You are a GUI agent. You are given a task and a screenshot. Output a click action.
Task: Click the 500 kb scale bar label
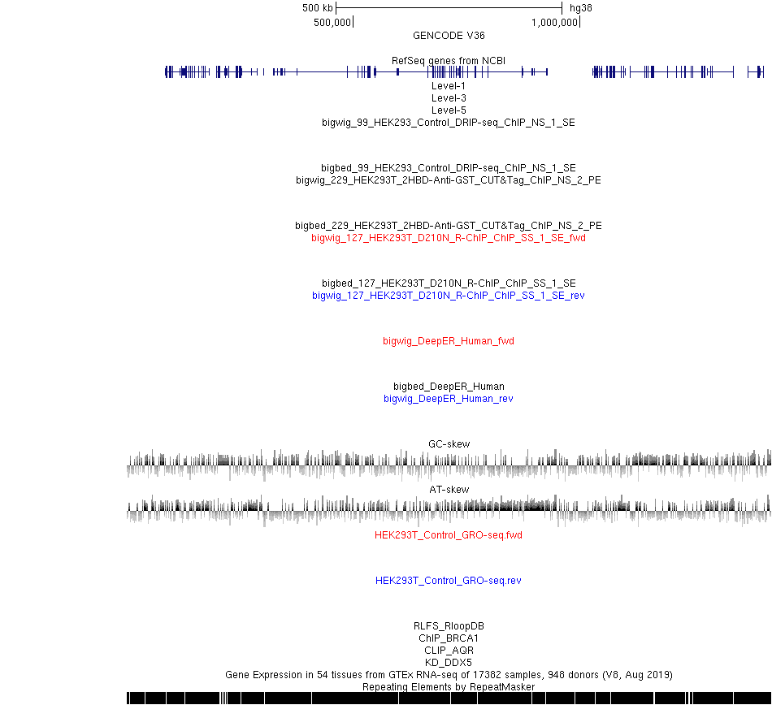coord(318,8)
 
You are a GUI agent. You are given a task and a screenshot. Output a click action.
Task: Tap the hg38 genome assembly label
coord(580,8)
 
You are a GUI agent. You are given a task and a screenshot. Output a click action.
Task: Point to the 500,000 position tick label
coord(332,23)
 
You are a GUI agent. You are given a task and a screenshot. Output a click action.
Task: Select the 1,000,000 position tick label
coord(554,23)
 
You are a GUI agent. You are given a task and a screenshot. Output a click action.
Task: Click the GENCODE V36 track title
coord(449,36)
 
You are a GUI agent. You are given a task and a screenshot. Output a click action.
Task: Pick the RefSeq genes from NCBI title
coord(449,61)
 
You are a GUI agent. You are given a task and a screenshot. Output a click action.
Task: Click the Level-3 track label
coord(449,98)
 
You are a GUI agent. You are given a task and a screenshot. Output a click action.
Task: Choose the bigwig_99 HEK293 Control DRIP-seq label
coord(449,123)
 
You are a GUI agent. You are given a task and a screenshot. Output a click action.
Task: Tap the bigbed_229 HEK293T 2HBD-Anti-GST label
coord(449,225)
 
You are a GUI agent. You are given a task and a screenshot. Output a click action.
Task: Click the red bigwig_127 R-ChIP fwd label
coord(449,238)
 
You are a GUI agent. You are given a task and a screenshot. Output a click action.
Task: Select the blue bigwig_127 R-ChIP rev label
coord(449,295)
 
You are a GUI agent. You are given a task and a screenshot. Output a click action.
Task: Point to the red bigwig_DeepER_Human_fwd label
coord(449,341)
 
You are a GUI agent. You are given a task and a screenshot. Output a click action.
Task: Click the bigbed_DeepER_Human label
coord(449,386)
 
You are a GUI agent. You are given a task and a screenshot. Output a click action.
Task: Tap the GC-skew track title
coord(449,443)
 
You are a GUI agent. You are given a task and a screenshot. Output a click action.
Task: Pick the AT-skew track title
coord(449,490)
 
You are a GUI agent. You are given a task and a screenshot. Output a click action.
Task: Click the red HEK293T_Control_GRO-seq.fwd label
coord(449,534)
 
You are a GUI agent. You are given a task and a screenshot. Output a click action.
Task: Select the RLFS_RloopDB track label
coord(449,625)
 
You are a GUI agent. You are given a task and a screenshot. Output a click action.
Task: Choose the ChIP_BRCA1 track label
coord(449,638)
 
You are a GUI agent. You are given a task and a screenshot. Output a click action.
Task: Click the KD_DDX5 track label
coord(449,662)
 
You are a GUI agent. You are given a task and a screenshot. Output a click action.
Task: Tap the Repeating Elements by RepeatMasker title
coord(449,687)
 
